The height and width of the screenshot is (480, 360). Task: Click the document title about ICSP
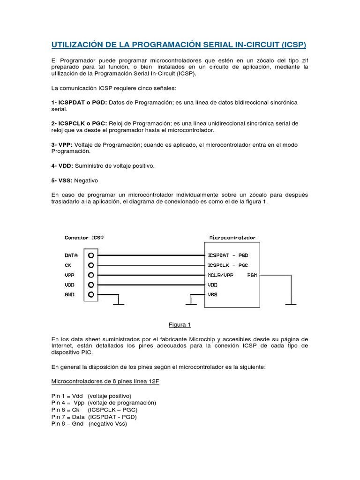tap(178, 45)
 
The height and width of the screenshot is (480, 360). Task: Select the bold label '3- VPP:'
tap(62, 145)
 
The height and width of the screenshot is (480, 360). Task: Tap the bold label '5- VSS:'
tap(62, 180)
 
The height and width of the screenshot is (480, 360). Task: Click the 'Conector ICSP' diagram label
tap(84, 238)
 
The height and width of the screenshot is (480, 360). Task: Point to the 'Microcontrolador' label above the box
tap(232, 238)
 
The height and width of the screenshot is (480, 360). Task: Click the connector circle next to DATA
tap(91, 255)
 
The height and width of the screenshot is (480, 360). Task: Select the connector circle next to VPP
tap(91, 275)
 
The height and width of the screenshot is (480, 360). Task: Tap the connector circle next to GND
tap(91, 294)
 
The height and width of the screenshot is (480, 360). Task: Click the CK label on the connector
tap(68, 265)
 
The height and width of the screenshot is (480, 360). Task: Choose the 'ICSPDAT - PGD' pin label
tap(228, 255)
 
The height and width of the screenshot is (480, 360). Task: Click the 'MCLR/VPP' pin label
tap(220, 275)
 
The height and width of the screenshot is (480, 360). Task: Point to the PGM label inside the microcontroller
tap(252, 275)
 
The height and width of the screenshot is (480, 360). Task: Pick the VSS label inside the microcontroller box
tap(212, 294)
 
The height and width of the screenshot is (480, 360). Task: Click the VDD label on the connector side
tap(69, 285)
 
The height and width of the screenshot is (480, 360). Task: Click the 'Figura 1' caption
tap(180, 324)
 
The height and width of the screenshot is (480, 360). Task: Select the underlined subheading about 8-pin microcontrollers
tap(105, 381)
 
